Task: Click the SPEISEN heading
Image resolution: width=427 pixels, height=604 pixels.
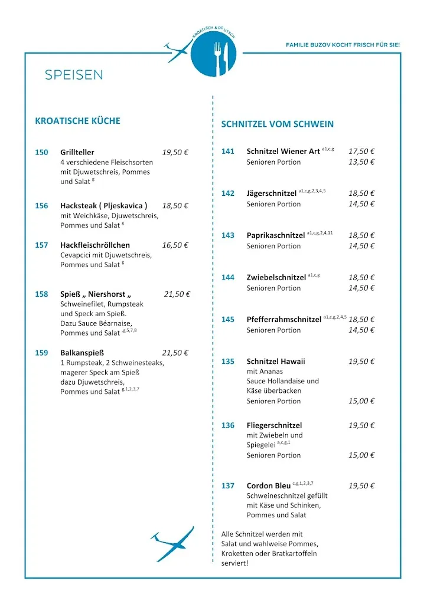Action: tap(74, 75)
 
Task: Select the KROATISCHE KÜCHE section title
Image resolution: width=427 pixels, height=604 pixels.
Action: tap(77, 121)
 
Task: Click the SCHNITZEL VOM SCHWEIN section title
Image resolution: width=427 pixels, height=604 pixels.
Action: tap(277, 124)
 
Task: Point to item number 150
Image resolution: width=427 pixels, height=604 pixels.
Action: tap(41, 152)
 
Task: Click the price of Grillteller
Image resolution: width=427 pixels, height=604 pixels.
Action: tap(175, 152)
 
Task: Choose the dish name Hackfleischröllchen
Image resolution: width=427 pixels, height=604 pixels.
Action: tap(95, 245)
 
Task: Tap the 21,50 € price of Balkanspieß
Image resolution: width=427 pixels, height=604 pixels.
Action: tap(175, 353)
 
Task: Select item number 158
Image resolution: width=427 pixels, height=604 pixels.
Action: tap(41, 294)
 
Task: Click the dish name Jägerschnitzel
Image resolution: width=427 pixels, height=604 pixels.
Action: tap(272, 193)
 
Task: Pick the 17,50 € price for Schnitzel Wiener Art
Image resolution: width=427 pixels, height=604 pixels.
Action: tap(361, 151)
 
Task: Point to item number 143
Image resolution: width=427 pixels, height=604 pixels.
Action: tap(228, 235)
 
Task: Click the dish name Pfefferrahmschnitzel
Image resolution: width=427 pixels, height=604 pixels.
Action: tap(284, 320)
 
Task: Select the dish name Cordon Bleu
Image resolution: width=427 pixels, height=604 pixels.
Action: tap(269, 486)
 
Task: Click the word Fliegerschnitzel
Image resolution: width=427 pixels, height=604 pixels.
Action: tap(274, 425)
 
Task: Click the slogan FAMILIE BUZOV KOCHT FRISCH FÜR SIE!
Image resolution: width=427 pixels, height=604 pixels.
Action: tap(343, 45)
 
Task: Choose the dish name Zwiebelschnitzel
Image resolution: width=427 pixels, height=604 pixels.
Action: tap(276, 277)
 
